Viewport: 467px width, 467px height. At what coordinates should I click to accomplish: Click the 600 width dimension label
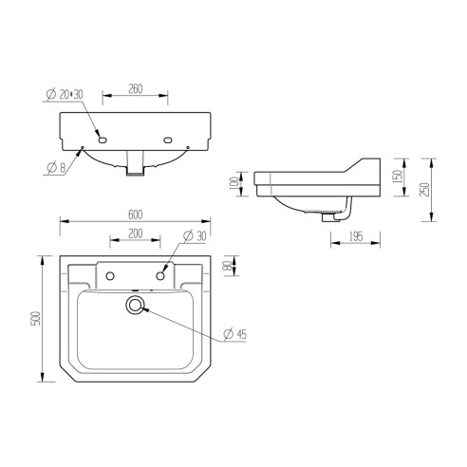coord(139,214)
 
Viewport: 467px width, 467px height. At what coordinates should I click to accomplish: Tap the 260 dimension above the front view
coord(134,88)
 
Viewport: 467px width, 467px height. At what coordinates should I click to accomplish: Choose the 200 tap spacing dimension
coord(135,233)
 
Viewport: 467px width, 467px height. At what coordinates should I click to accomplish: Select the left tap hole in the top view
coord(110,276)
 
